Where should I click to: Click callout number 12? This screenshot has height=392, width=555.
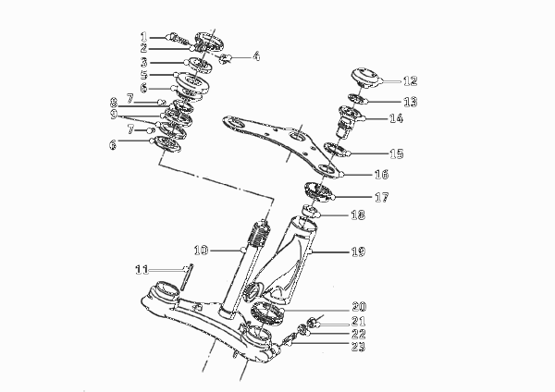tap(411, 81)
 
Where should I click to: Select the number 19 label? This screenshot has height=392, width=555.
tap(358, 251)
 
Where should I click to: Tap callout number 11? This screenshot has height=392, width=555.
tap(142, 270)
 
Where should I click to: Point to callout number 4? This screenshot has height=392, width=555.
tap(256, 56)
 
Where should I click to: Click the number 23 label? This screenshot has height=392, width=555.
tap(358, 347)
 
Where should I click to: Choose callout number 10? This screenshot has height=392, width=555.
tap(201, 251)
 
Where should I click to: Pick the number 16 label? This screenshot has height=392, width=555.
tap(381, 175)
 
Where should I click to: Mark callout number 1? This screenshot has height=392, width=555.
tap(143, 37)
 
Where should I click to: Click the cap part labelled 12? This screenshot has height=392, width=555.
tap(365, 78)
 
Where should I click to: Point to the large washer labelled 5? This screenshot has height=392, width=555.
tap(191, 83)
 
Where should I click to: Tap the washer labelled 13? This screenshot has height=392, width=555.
tap(357, 100)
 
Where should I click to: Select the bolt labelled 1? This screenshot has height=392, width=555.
tap(178, 41)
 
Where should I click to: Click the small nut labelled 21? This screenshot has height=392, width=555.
tap(312, 323)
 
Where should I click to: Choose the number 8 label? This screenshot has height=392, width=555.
tap(113, 103)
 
